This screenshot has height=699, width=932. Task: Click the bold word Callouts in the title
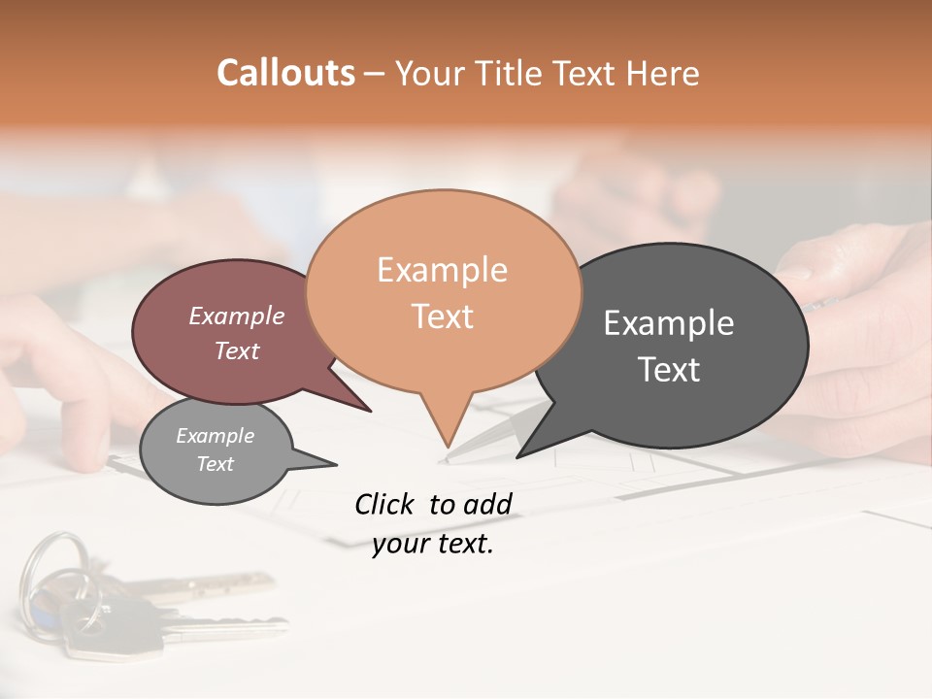tap(285, 73)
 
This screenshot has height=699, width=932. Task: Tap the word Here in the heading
tap(663, 73)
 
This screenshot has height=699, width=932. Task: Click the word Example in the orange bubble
tap(442, 270)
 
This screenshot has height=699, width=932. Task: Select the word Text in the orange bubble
tap(442, 316)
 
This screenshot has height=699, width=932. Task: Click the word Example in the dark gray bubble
tap(669, 323)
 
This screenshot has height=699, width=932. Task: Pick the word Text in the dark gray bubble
tap(669, 370)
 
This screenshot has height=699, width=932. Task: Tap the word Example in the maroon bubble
tap(236, 316)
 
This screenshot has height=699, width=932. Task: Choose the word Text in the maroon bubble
tap(236, 350)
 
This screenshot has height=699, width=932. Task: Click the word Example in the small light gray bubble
tap(215, 436)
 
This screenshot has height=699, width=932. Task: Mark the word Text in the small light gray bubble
tap(215, 464)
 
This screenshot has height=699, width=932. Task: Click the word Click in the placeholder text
tap(383, 504)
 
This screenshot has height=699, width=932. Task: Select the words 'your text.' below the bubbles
tap(433, 545)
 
